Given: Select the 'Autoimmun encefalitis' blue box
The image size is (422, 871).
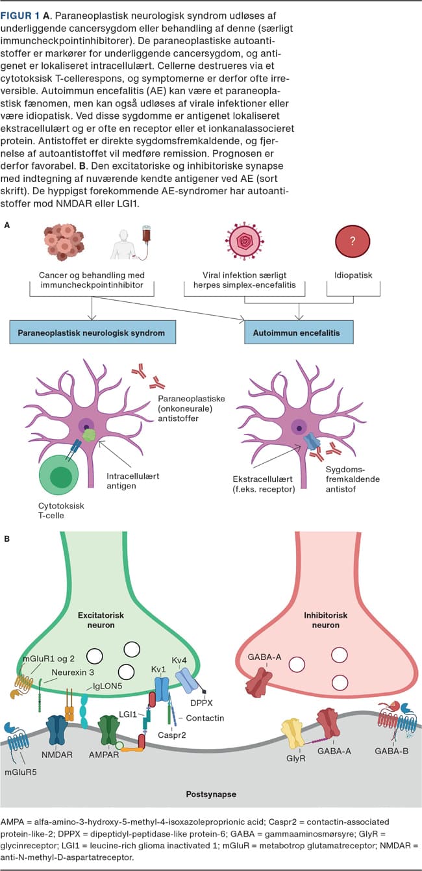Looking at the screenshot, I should (299, 333).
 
